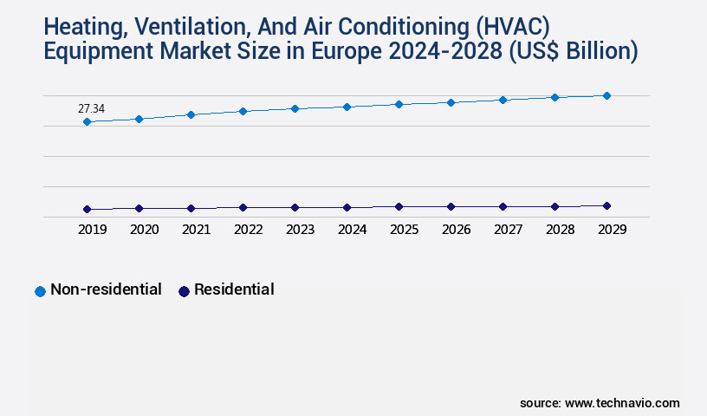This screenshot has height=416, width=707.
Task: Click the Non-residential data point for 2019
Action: [x=87, y=122]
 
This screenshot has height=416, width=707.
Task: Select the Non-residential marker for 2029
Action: [x=606, y=95]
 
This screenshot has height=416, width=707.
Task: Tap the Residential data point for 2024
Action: [x=347, y=208]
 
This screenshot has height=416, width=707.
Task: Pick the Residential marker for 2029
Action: [x=606, y=205]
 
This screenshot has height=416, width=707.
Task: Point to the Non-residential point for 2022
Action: [x=243, y=111]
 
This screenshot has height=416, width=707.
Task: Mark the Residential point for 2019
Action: [x=87, y=209]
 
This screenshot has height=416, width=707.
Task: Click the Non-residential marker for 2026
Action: [x=451, y=102]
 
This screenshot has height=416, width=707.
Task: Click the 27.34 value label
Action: [x=92, y=108]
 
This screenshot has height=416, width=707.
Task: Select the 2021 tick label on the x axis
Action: [x=196, y=231]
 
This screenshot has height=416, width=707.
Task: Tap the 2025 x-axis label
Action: [x=404, y=231]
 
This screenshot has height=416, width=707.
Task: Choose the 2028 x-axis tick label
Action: [x=560, y=231]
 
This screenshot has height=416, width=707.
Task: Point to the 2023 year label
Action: [x=300, y=231]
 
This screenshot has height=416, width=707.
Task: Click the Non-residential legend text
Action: [x=106, y=289]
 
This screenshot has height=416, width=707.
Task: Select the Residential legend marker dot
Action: [x=184, y=291]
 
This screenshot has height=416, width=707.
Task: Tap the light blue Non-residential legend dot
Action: [x=40, y=291]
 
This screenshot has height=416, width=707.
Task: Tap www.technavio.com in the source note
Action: [x=622, y=403]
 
